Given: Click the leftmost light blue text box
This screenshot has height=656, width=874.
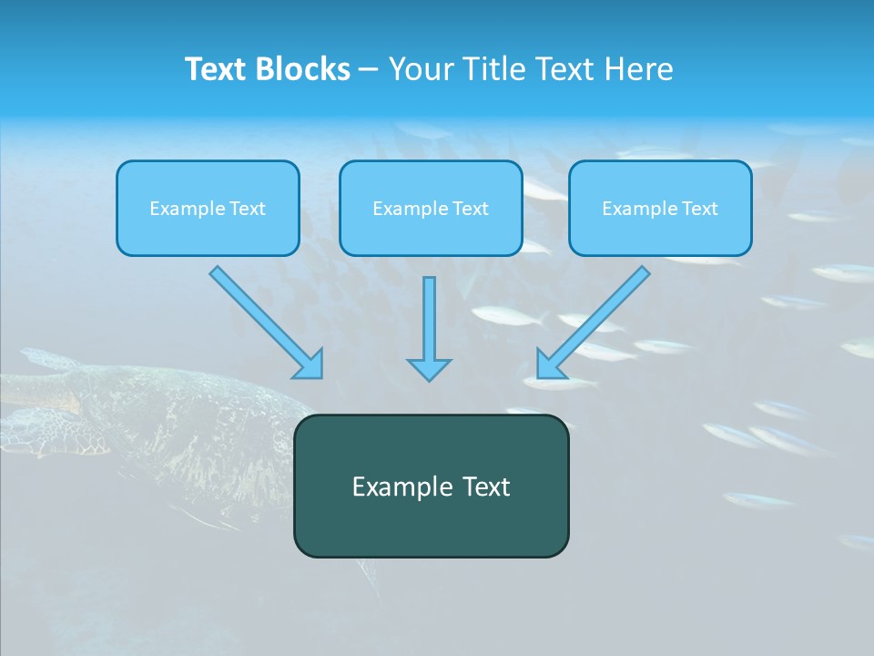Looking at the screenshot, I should [208, 208].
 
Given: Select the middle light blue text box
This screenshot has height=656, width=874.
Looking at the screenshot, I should [431, 208].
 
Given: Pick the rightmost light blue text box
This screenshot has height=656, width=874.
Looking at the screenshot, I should [660, 208].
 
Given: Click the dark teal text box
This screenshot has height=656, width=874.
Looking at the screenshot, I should [431, 486].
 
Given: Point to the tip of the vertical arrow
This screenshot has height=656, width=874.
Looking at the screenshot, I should [429, 378].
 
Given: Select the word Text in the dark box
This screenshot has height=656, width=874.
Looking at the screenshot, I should [485, 487].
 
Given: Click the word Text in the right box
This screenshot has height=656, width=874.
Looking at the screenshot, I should [700, 209].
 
